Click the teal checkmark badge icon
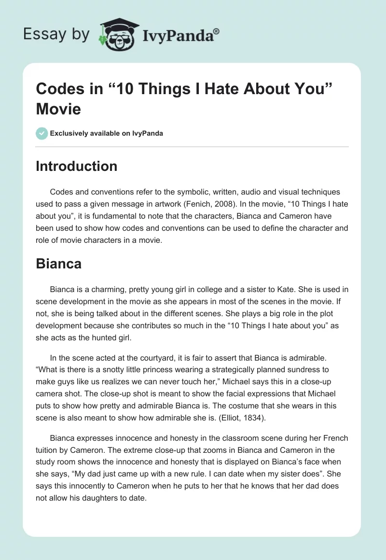tap(42, 133)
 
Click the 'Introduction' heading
tap(77, 166)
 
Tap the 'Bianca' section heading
tap(58, 264)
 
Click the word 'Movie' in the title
tap(58, 109)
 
